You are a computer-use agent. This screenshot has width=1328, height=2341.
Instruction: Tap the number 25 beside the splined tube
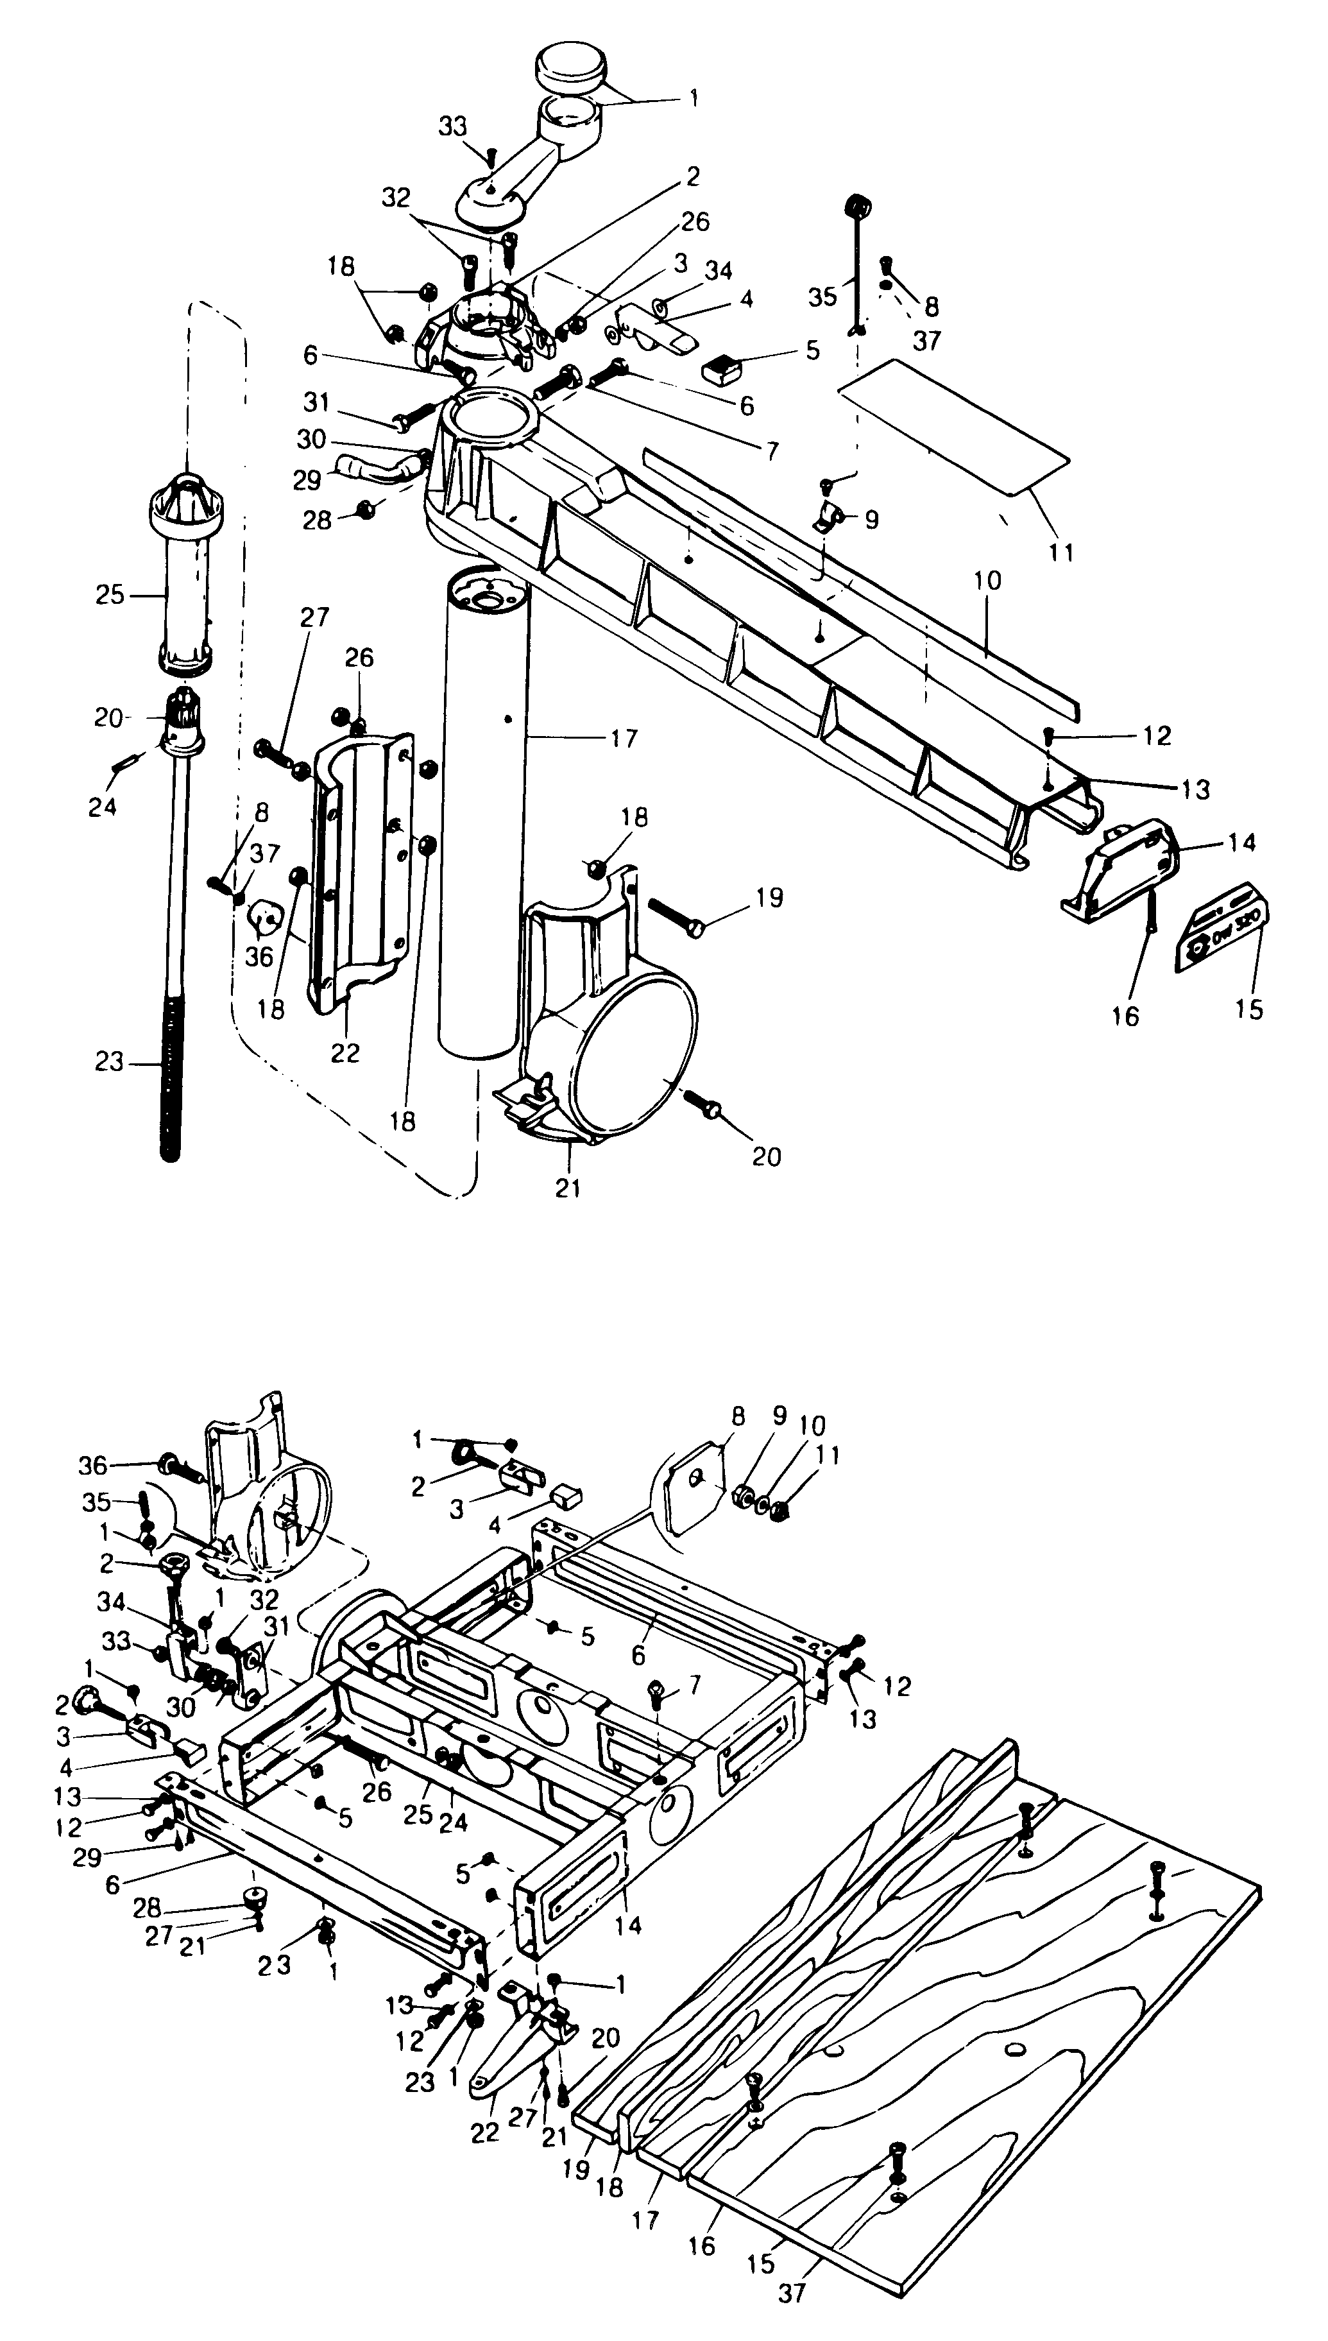[110, 595]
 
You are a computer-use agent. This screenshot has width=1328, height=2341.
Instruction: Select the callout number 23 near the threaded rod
[108, 1062]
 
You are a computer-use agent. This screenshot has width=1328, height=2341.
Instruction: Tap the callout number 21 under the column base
[567, 1188]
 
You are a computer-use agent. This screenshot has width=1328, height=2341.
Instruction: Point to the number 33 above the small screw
[452, 127]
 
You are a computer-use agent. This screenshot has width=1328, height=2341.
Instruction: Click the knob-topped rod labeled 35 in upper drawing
[856, 264]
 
